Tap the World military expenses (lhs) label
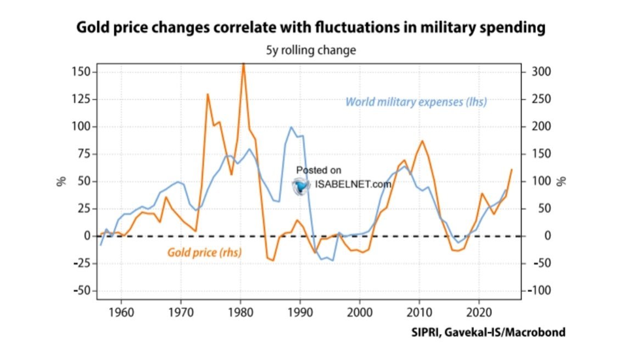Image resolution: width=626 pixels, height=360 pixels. click(416, 102)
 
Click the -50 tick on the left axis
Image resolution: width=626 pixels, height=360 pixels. click(80, 291)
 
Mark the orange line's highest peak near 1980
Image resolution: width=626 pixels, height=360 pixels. click(243, 65)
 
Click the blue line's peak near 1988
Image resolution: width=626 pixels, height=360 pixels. click(292, 127)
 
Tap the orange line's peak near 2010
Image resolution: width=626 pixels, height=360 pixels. click(422, 141)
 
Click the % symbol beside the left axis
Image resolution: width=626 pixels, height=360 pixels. click(62, 181)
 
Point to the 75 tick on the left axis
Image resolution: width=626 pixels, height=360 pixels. click(84, 154)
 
